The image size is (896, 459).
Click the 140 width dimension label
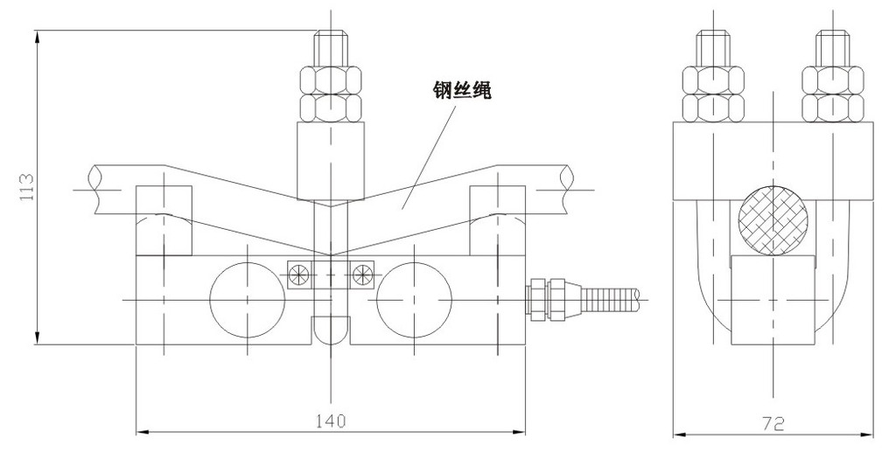pos(330,421)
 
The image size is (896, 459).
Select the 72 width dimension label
pos(772,422)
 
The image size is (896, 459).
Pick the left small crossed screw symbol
pos(298,274)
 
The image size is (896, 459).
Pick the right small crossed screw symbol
pos(361,274)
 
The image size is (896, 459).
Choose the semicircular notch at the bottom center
pos(331,331)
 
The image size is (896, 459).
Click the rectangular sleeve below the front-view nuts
pos(331,161)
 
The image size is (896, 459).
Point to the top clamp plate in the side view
pos(773,162)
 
